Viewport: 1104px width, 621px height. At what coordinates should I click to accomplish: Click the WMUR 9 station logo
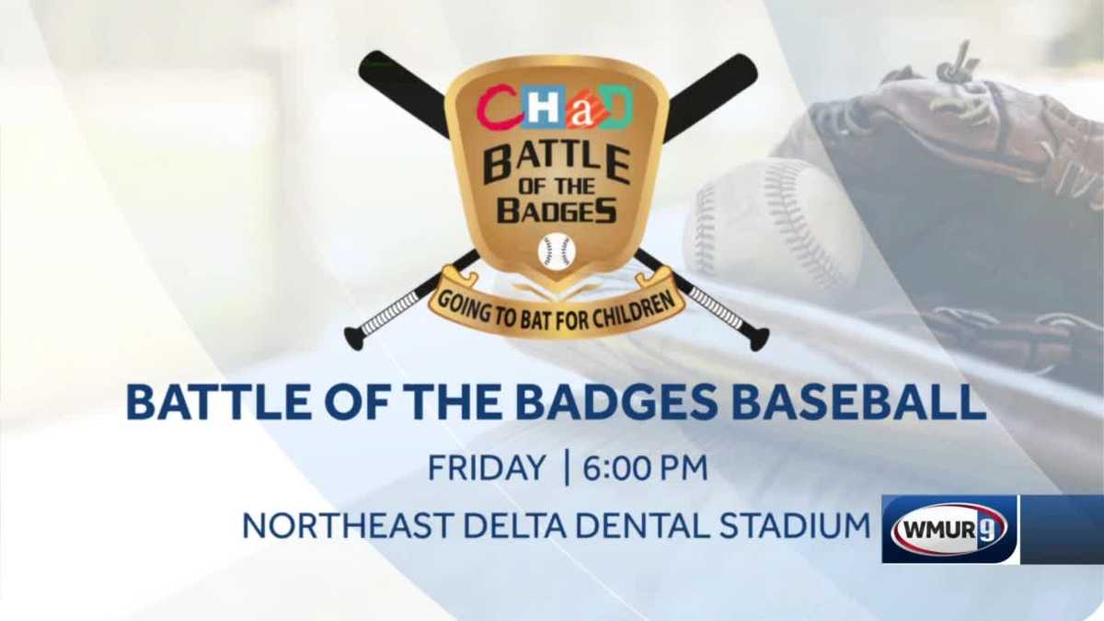pos(949,529)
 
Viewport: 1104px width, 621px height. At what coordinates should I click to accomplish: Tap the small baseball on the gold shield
pos(557,251)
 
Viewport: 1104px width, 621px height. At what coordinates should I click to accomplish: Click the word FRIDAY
pos(487,468)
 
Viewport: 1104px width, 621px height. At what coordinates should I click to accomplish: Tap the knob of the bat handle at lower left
pos(354,338)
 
